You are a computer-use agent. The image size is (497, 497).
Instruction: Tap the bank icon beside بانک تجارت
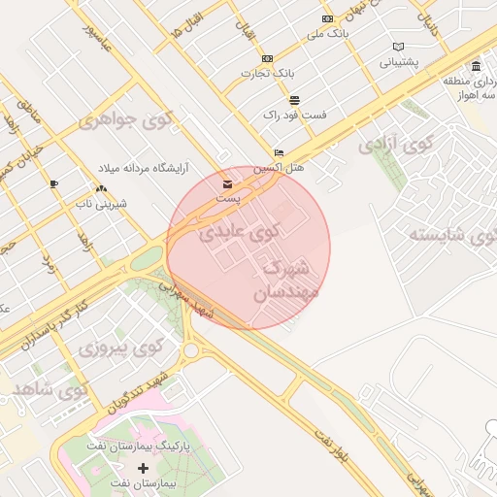pyautogui.click(x=267, y=58)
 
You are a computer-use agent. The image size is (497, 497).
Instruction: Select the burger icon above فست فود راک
pyautogui.click(x=294, y=100)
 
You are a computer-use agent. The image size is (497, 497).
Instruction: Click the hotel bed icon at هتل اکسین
pyautogui.click(x=280, y=152)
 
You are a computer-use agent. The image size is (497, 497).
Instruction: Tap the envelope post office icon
pyautogui.click(x=227, y=183)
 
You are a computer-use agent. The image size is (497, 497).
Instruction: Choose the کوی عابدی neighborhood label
pyautogui.click(x=238, y=233)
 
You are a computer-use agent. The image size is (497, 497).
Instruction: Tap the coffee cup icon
pyautogui.click(x=54, y=183)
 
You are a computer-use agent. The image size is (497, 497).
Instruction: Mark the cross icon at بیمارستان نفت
pyautogui.click(x=144, y=468)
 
